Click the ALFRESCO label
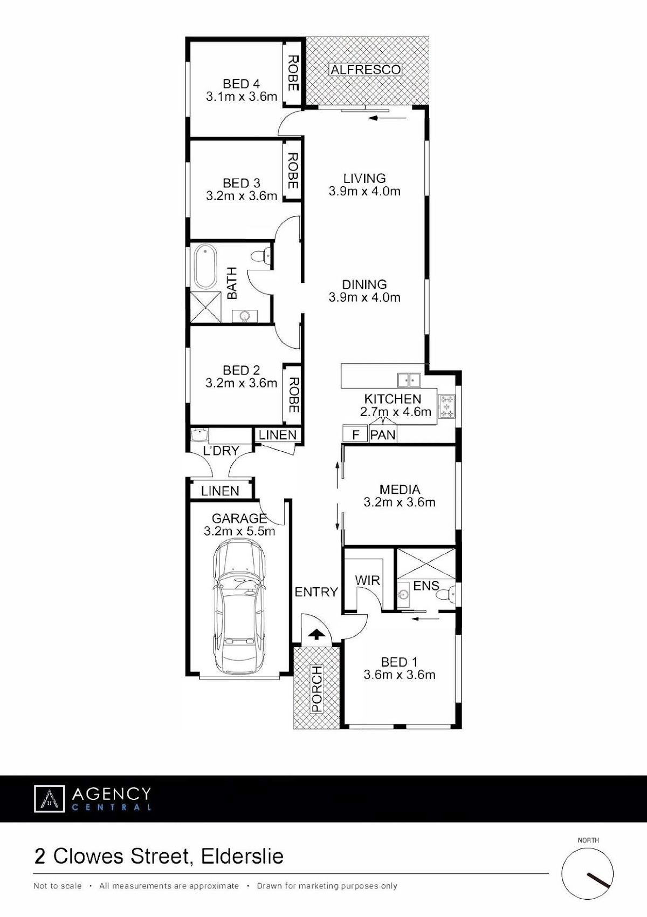point(366,70)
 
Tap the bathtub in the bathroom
point(205,267)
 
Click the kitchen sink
point(409,379)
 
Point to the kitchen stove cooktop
point(446,406)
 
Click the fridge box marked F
point(355,434)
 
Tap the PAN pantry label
point(383,435)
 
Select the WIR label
point(367,580)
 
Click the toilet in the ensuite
point(446,593)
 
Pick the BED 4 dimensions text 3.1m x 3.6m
point(242,97)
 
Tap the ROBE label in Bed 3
point(293,171)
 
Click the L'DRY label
point(221,450)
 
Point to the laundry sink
point(200,435)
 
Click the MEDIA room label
point(400,489)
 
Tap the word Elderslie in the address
point(242,857)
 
